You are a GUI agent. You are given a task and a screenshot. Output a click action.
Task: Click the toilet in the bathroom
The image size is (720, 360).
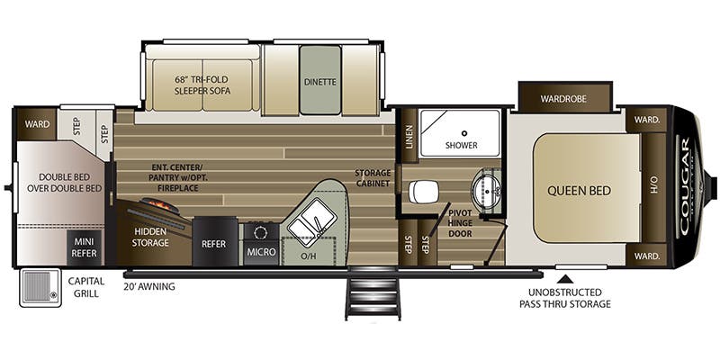[x=424, y=192]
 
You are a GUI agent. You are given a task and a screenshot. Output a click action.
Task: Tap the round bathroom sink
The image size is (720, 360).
[x=486, y=190]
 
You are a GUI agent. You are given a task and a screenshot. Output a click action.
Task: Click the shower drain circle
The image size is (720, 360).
[x=464, y=133]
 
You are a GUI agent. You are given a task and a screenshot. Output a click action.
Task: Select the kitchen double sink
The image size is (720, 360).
[x=310, y=222]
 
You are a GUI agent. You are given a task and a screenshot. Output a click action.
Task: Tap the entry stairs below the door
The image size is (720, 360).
[x=373, y=292]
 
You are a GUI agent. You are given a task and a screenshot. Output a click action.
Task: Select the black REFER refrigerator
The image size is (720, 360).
[x=215, y=241]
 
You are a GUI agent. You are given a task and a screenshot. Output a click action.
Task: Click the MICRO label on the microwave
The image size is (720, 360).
[x=261, y=252]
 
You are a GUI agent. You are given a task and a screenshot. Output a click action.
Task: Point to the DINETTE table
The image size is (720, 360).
[x=320, y=80]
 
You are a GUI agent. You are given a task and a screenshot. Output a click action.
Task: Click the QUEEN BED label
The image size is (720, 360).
[x=579, y=191]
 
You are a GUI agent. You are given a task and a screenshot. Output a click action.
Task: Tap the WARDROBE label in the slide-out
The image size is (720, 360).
[x=563, y=99]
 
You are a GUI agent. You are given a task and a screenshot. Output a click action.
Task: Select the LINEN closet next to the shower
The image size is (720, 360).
[x=409, y=137]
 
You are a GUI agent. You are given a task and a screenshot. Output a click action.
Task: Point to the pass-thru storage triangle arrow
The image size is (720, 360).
[x=567, y=278]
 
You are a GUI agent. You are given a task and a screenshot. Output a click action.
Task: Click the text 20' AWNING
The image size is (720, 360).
[x=149, y=287]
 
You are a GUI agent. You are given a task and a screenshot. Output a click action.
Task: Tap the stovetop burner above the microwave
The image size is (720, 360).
[x=260, y=232]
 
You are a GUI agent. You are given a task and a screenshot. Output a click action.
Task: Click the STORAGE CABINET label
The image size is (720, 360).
[x=373, y=178]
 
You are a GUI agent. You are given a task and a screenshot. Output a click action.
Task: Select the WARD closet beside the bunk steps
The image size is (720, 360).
[x=37, y=124]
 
